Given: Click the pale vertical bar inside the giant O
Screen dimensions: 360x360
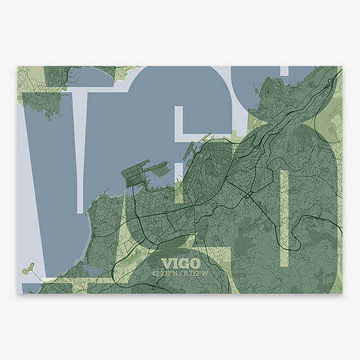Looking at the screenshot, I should pyautogui.click(x=284, y=216).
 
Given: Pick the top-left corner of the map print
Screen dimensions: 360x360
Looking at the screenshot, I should pyautogui.click(x=18, y=66).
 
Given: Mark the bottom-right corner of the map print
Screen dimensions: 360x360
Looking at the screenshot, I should pyautogui.click(x=342, y=293).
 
